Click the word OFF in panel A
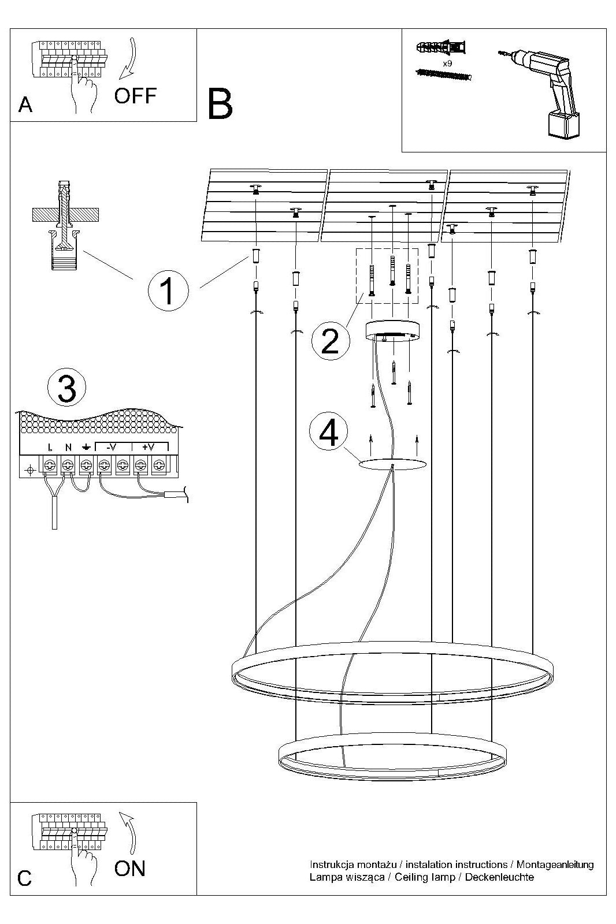pyautogui.click(x=135, y=95)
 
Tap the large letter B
pyautogui.click(x=220, y=104)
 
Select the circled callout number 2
pyautogui.click(x=330, y=341)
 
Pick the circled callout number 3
pyautogui.click(x=67, y=389)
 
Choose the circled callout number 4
pyautogui.click(x=329, y=433)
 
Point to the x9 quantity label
pyautogui.click(x=447, y=62)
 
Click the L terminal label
pyautogui.click(x=50, y=447)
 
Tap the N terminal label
pyautogui.click(x=68, y=447)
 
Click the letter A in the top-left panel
pyautogui.click(x=25, y=105)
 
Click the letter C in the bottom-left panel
pyautogui.click(x=24, y=878)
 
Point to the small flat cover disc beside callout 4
pyautogui.click(x=393, y=464)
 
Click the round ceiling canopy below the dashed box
pyautogui.click(x=393, y=331)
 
